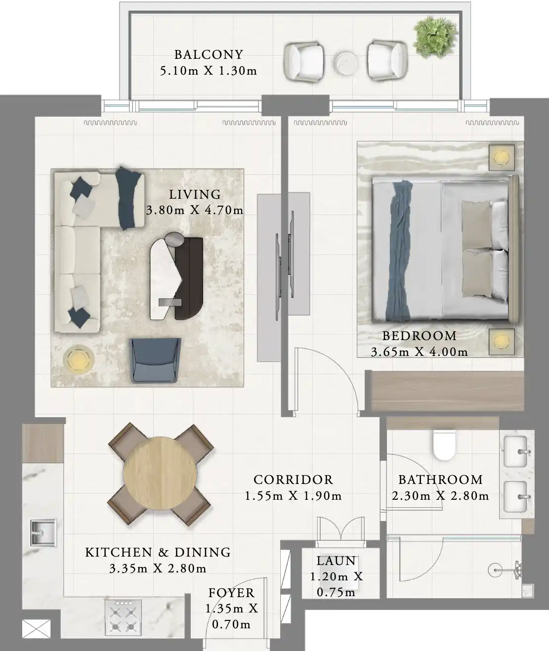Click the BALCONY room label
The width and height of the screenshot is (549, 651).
209,54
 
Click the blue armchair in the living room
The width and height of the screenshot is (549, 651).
155,360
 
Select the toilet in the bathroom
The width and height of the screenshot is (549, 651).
443,445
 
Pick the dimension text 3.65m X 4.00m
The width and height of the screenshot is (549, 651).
419,352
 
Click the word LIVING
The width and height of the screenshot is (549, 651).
195,195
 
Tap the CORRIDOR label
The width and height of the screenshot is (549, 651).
293,479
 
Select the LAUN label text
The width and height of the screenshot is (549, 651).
336,561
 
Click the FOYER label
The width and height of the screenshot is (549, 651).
231,593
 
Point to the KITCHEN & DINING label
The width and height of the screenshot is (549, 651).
158,552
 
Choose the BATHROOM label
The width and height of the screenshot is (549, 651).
440,479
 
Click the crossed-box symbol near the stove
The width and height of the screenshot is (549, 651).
36,630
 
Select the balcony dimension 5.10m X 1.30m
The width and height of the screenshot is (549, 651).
209,71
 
